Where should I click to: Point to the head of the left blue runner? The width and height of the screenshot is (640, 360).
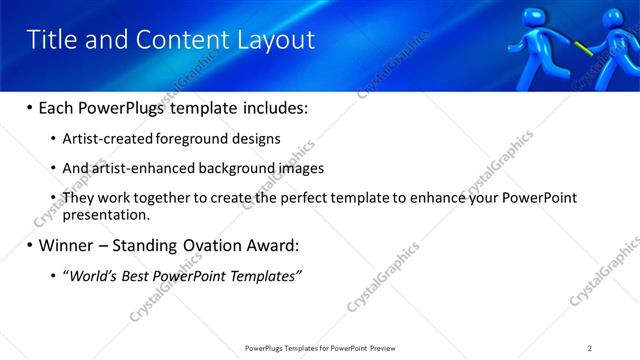click(x=532, y=17)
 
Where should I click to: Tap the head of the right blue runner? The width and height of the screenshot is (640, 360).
click(x=615, y=17)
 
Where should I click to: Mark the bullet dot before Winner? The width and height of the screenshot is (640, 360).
click(x=30, y=245)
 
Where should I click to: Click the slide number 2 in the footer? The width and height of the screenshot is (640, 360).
click(x=590, y=348)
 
